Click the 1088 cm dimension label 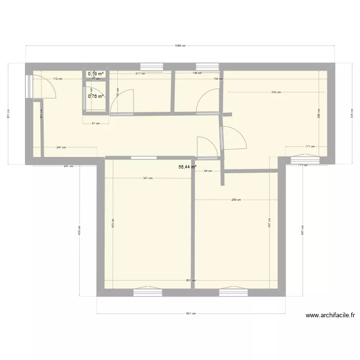(180, 46)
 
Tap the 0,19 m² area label (95, 74)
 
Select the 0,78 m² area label (96, 96)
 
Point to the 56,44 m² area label (187, 167)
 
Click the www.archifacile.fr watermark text (330, 315)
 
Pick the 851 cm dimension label (191, 314)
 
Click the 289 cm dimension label (236, 200)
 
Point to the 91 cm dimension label (96, 123)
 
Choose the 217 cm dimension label (140, 74)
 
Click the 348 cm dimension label (351, 115)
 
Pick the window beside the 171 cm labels (304, 156)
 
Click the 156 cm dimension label (197, 74)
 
